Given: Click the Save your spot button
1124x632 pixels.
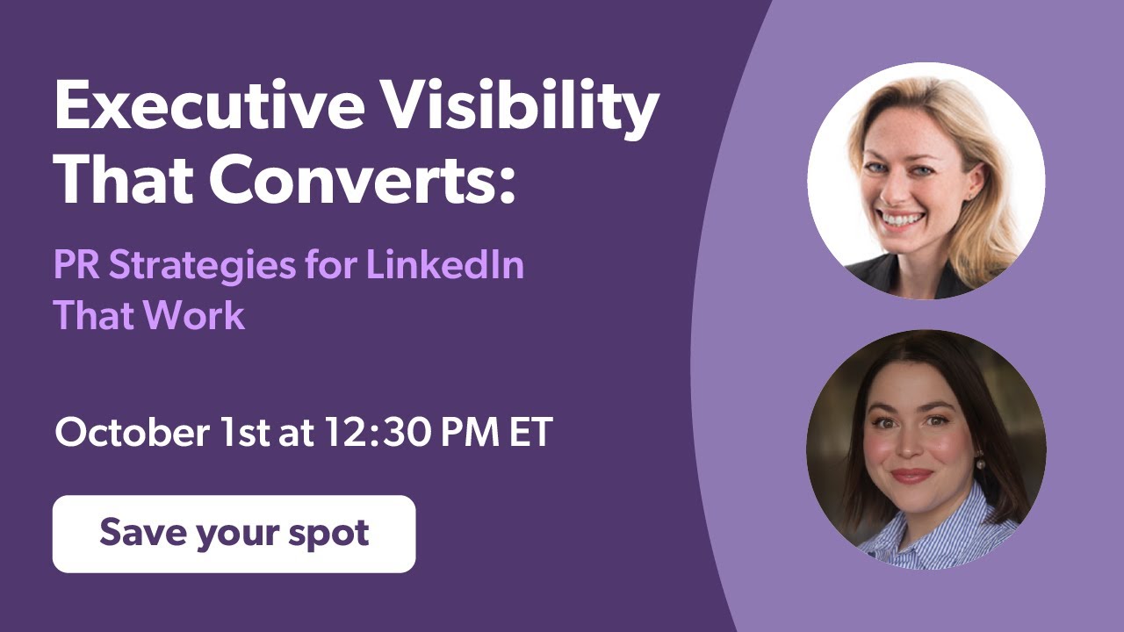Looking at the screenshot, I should coord(234,534).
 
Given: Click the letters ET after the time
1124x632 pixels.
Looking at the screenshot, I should coord(530,433).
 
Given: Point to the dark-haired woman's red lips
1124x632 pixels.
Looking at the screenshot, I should coord(911,475).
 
